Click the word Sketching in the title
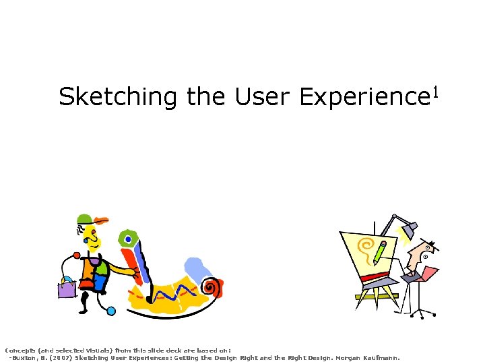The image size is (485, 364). [x=119, y=98]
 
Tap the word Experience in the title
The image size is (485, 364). [x=360, y=98]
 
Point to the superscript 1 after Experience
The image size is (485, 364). [x=435, y=90]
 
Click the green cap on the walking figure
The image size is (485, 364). [x=85, y=218]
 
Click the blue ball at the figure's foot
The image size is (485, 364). [x=111, y=311]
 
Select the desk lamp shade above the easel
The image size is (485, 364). [x=408, y=231]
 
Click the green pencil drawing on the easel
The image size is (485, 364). [x=380, y=252]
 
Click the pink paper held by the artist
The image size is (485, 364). [x=428, y=273]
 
